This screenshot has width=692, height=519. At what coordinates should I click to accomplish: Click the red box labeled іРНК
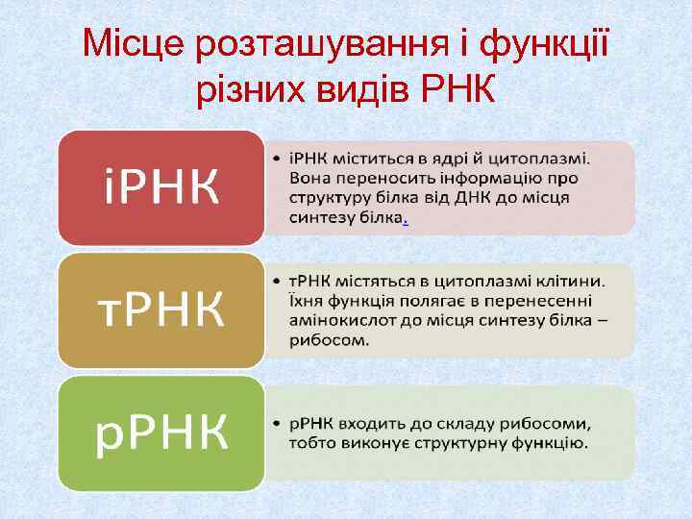coord(161,187)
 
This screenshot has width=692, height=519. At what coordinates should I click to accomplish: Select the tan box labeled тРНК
coord(161,309)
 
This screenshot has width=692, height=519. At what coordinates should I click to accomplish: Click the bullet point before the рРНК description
coord(276,424)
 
